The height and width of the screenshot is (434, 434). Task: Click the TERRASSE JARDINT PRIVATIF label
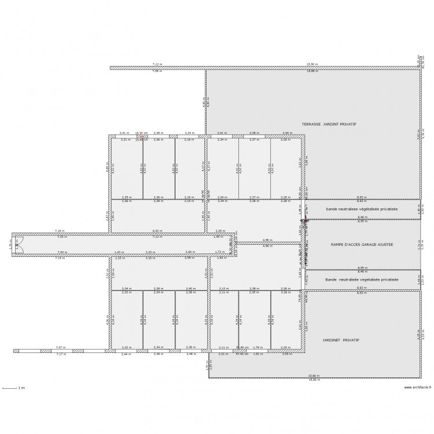click(x=328, y=124)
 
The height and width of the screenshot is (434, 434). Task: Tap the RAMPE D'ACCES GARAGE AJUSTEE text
click(x=362, y=244)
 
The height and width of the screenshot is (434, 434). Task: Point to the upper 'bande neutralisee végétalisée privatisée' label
click(x=362, y=208)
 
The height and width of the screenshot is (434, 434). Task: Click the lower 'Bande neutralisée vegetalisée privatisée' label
click(x=362, y=279)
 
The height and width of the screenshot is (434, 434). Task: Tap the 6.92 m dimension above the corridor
click(x=157, y=231)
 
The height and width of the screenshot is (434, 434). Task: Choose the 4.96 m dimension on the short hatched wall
click(x=267, y=240)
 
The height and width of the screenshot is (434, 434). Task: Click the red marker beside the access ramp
click(x=303, y=220)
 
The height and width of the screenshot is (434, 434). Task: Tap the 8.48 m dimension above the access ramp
click(x=362, y=218)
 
